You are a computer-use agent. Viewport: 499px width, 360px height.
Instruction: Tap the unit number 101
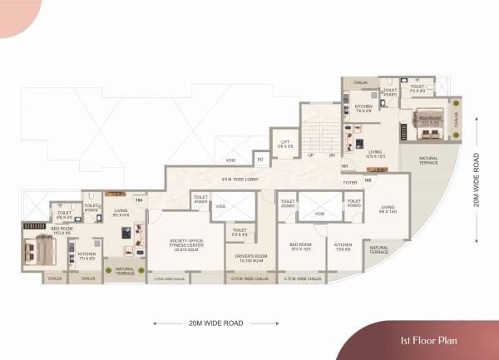pos(343,167)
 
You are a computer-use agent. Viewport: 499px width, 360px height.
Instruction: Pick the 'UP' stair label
pos(310,155)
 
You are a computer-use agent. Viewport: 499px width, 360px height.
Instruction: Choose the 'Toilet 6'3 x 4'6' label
pos(240,232)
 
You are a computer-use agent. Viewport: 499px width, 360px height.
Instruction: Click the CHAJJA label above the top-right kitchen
pos(360,82)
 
